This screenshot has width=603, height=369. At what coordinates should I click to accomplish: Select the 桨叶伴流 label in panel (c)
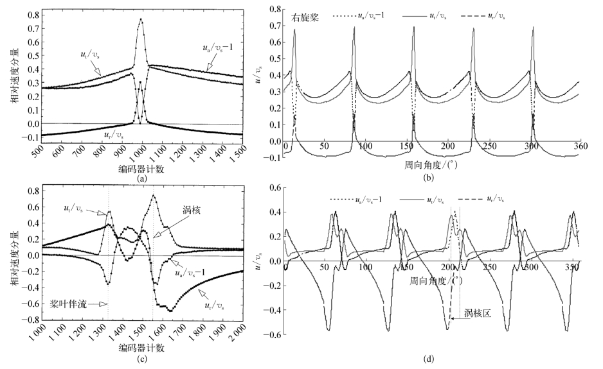tap(72, 304)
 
